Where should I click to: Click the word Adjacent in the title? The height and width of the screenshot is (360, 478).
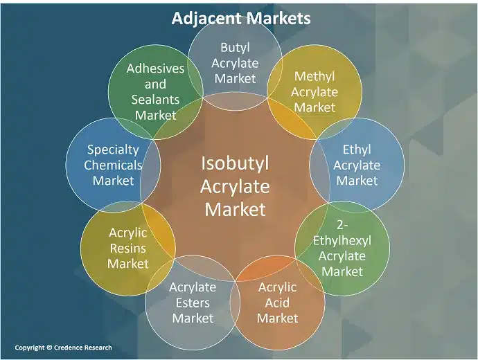tap(206, 18)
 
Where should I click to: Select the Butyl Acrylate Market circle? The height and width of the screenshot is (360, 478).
tap(235, 63)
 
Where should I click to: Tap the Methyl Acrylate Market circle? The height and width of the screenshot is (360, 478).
tap(315, 91)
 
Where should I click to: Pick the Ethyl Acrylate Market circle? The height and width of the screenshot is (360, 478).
tap(357, 165)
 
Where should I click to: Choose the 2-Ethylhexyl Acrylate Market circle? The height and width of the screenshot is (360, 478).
tap(342, 249)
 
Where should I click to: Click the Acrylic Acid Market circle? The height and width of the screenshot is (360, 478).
tap(277, 303)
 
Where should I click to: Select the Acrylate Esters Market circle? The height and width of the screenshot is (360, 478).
tap(193, 303)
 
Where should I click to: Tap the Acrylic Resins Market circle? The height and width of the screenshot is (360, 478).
tap(128, 249)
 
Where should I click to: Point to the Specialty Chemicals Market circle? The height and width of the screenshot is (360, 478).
tap(113, 165)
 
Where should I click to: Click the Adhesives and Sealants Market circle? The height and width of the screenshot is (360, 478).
tap(155, 91)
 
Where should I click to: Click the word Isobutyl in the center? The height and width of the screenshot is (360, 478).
tap(235, 163)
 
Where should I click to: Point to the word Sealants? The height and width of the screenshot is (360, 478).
tap(155, 100)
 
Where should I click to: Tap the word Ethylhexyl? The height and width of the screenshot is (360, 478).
tap(342, 241)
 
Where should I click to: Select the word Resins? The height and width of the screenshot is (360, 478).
tap(128, 249)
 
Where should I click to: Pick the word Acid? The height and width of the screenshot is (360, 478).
tap(277, 303)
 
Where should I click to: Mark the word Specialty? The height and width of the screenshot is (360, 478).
tap(113, 150)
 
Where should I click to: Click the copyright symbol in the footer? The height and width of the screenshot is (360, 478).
tap(49, 348)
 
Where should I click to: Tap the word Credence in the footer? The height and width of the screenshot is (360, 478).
tap(68, 348)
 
